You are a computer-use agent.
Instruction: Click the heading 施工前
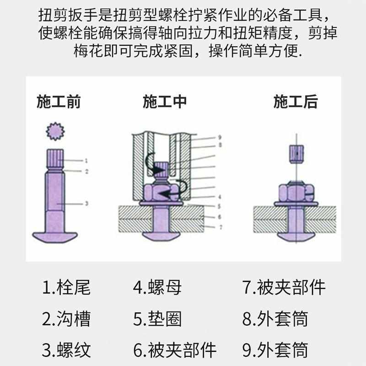(59, 102)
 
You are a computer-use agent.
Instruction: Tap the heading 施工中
(165, 102)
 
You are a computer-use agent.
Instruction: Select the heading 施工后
(296, 102)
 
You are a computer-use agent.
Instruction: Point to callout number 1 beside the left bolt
(86, 160)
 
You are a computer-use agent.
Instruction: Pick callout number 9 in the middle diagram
(220, 137)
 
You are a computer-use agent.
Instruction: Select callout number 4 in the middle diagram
(220, 197)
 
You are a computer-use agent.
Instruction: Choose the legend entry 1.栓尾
(67, 288)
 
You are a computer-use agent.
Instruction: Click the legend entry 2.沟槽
(67, 319)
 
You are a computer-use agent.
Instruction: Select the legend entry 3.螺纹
(67, 350)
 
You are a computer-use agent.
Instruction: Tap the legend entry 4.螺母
(157, 288)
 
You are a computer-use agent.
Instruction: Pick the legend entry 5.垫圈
(157, 319)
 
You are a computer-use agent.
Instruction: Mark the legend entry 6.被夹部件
(174, 350)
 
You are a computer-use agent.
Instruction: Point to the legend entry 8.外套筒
(275, 319)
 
